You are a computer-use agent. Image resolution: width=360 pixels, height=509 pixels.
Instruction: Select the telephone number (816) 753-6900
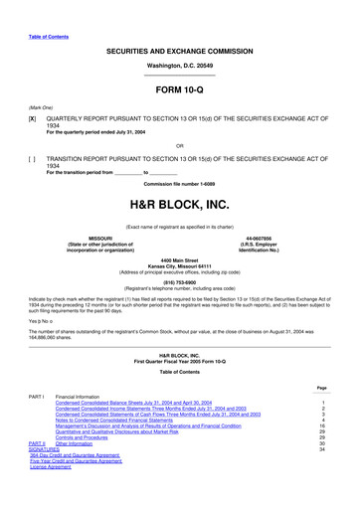pos(179,280)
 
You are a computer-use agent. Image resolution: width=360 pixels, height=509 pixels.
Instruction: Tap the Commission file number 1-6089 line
pos(179,184)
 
